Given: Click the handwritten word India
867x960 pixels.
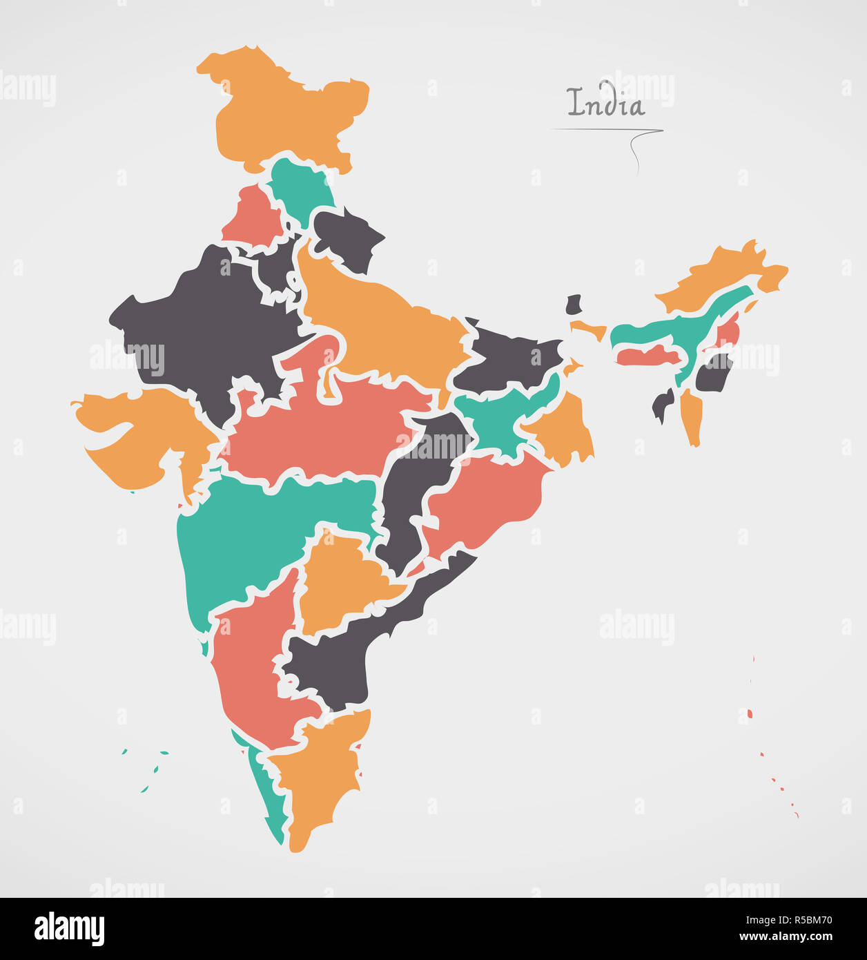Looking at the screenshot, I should (605, 104).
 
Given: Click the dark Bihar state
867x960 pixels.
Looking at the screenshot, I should (511, 359).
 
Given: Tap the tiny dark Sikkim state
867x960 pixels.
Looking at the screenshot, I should (574, 305).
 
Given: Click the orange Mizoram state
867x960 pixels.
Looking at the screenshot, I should (692, 414).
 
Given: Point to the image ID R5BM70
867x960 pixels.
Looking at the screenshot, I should (805, 920).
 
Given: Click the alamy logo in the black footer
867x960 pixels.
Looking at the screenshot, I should (69, 928).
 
